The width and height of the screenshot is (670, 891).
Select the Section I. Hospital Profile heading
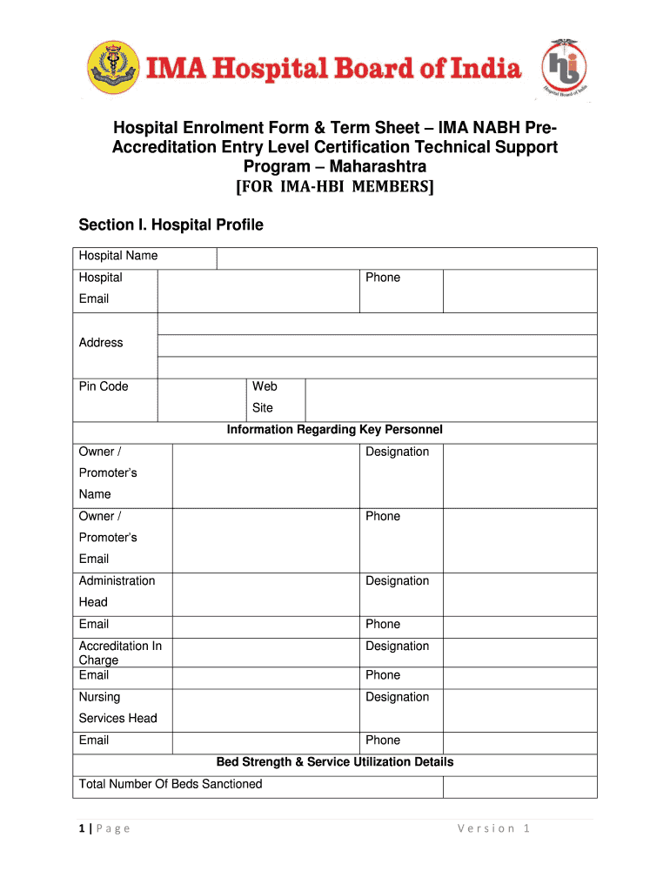171,225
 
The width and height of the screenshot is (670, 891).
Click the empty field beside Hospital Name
406,258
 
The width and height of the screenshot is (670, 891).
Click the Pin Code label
104,386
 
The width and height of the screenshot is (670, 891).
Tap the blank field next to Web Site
451,400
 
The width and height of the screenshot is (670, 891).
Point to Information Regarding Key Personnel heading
335,430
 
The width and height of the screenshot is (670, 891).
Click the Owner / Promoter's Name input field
265,475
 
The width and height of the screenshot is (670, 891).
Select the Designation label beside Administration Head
398,580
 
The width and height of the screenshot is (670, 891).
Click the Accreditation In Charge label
120,653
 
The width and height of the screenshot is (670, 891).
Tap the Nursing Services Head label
117,707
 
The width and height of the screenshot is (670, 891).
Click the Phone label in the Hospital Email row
383,278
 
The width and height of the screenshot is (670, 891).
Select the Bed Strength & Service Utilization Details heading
335,762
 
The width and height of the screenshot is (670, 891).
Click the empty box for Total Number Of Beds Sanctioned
519,787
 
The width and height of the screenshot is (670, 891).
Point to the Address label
101,343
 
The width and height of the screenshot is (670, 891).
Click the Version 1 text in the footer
493,828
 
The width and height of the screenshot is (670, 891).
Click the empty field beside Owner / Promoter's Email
265,539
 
